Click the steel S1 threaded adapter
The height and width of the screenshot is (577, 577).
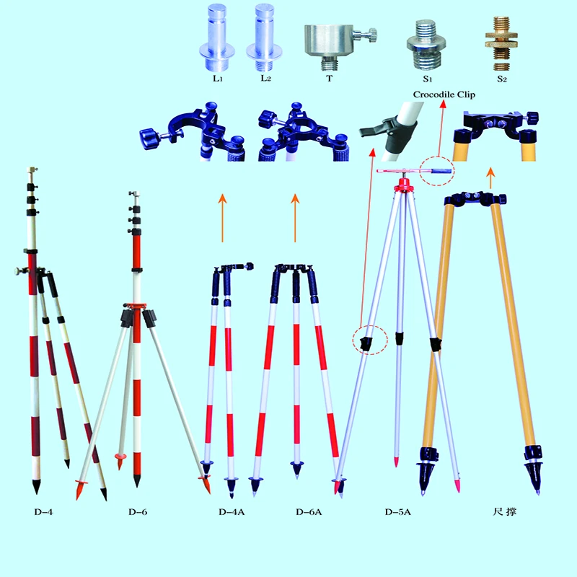[x=427, y=43]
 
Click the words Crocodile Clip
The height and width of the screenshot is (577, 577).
[x=444, y=94]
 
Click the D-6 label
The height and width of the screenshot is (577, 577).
[x=138, y=513]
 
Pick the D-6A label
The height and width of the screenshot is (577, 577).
[x=308, y=513]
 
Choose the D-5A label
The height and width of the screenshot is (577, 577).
[x=397, y=513]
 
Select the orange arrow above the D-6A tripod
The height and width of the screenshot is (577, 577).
[x=294, y=217]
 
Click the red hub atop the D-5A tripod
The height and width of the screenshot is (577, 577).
[x=401, y=188]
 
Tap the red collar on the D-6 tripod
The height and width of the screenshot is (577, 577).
[x=134, y=306]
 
